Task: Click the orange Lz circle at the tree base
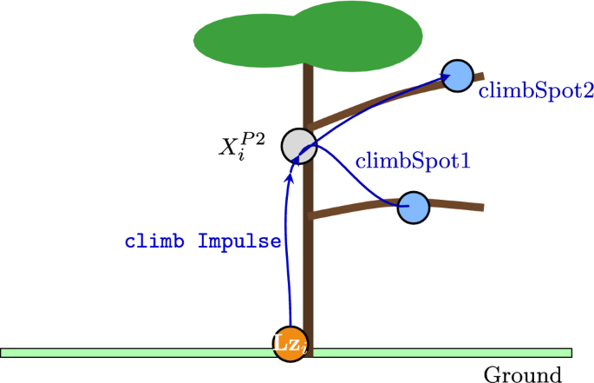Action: [x=289, y=344]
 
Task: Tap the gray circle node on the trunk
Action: [x=297, y=145]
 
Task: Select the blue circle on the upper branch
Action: [x=456, y=75]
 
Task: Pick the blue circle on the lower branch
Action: [x=414, y=208]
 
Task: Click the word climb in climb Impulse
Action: [x=157, y=241]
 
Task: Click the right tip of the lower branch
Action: [x=481, y=208]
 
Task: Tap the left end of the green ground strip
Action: [x=4, y=353]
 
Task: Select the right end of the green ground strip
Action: [x=570, y=353]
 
